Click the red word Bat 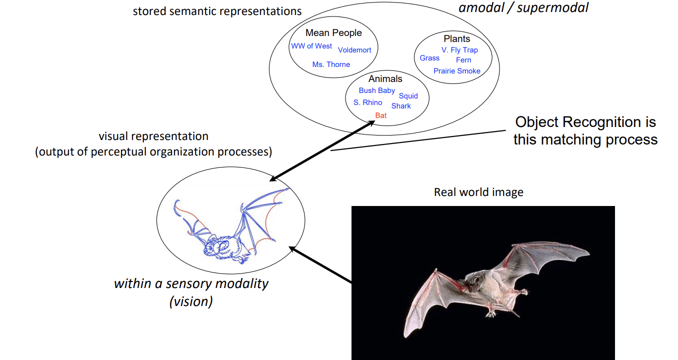coord(381,115)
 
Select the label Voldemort coord(354,50)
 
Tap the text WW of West coord(311,46)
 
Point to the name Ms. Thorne coord(331,64)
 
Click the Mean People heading coord(333,33)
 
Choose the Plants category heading coord(456,38)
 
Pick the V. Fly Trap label coord(459,50)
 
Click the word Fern coord(463,60)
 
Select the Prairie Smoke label coord(456,71)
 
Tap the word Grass coord(429,58)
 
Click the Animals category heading coord(385,78)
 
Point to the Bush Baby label coord(377,90)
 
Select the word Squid coord(408,96)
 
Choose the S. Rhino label coord(367,102)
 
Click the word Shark coord(401,106)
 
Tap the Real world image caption coord(478,192)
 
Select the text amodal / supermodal coord(523,7)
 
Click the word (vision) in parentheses coord(191,301)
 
